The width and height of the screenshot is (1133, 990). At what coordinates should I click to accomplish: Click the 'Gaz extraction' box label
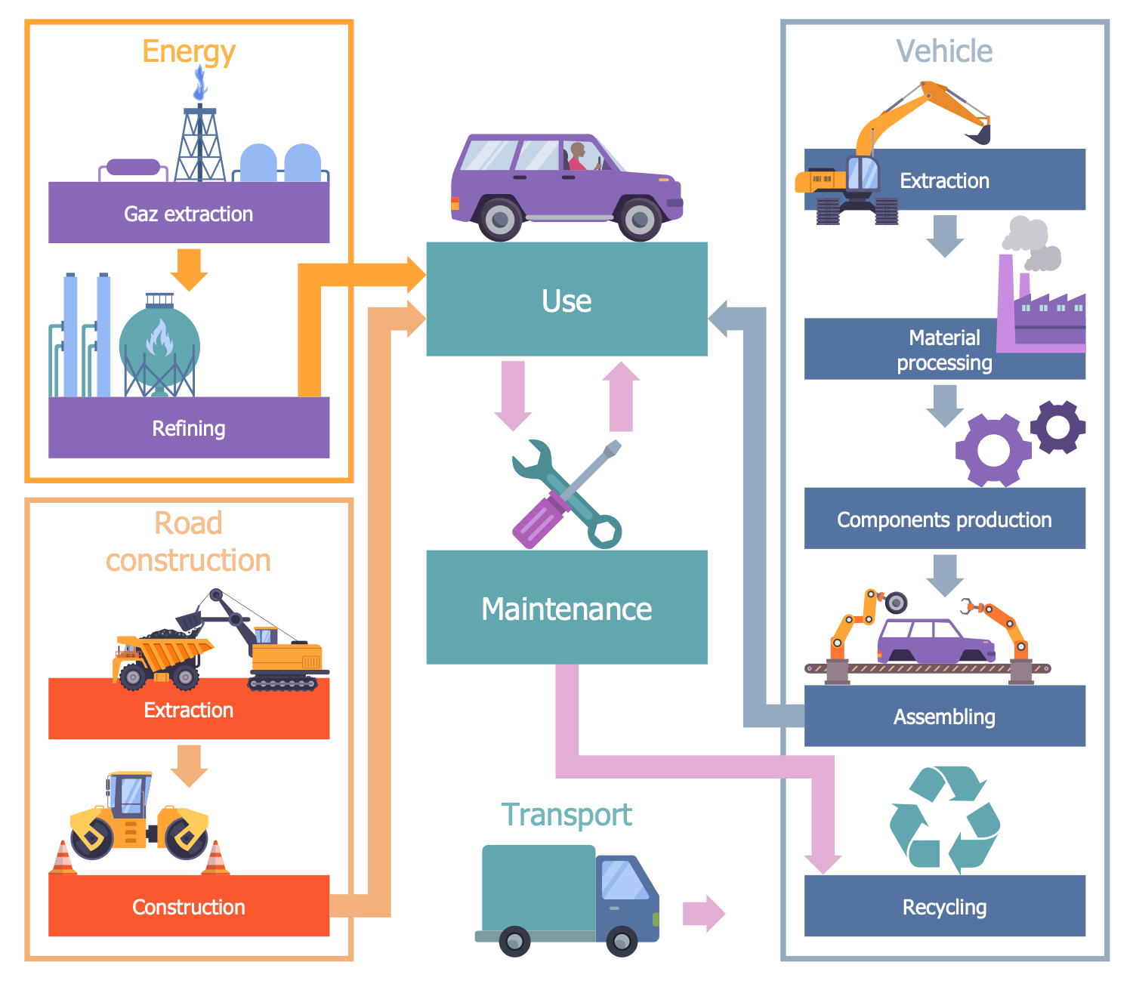point(189,214)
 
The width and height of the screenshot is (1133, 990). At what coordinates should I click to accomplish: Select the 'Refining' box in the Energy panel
point(189,428)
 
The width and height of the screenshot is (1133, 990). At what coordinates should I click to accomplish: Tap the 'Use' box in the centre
point(566,300)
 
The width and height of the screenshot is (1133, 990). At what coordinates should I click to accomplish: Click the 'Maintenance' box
point(566,608)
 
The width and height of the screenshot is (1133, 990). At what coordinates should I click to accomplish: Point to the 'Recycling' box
point(944,906)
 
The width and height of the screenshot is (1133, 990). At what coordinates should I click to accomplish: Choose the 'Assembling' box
point(944,716)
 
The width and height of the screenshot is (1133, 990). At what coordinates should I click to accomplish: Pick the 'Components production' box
point(944,519)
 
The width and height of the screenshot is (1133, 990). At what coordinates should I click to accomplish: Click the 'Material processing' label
point(944,350)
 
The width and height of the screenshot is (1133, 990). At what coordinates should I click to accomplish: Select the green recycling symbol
point(944,819)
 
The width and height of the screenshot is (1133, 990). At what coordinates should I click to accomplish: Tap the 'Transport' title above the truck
point(566,815)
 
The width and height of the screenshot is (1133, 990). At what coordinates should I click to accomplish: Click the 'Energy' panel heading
point(189,51)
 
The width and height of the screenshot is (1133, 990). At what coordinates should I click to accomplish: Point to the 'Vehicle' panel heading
point(944,51)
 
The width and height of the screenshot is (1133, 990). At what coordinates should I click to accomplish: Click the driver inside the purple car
point(578,156)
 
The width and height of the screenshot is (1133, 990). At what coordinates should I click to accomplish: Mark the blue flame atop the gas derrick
point(200,83)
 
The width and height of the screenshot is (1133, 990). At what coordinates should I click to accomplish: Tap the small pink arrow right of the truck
point(703,914)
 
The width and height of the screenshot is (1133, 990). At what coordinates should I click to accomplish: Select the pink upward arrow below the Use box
point(621,396)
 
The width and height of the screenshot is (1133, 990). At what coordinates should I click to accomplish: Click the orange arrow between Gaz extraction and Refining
point(189,269)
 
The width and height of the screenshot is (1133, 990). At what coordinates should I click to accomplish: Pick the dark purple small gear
point(1057,427)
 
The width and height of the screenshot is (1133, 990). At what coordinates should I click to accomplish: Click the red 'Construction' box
point(189,906)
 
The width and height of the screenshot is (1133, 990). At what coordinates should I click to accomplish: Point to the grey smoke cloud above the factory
point(1032,243)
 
